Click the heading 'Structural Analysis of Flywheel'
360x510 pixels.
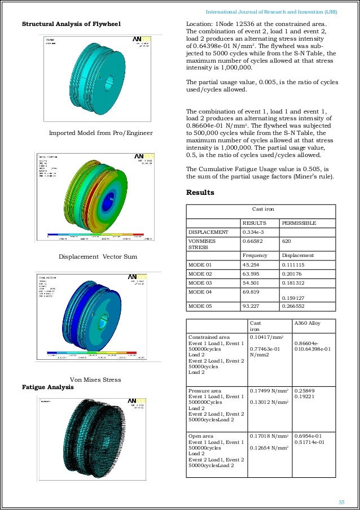(x=72, y=24)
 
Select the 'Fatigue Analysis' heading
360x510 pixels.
(x=48, y=387)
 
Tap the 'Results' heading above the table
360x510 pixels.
(x=200, y=193)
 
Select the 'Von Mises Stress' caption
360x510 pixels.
(x=95, y=380)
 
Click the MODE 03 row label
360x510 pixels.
(x=200, y=282)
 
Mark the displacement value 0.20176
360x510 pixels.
(x=293, y=273)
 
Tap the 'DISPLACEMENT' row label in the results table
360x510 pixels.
(x=208, y=232)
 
